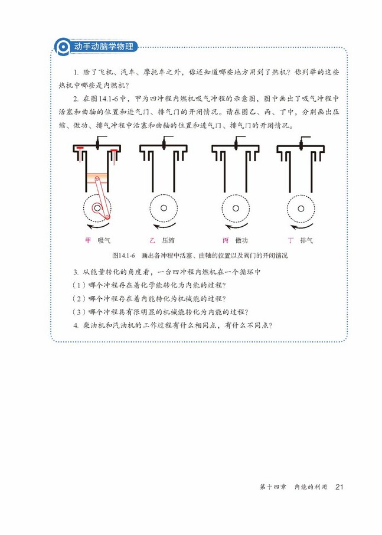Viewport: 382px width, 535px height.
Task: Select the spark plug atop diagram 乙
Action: pyautogui.click(x=164, y=142)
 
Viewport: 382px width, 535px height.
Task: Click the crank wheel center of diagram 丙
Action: pyautogui.click(x=236, y=208)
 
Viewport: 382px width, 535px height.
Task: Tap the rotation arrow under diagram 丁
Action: pyautogui.click(x=298, y=226)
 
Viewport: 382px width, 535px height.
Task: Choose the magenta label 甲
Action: pyautogui.click(x=88, y=240)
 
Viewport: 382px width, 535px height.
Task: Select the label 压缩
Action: pyautogui.click(x=168, y=240)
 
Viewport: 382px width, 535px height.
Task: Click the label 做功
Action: pyautogui.click(x=241, y=240)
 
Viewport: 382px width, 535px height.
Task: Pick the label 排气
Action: pyautogui.click(x=306, y=240)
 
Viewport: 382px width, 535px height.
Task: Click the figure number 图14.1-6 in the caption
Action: pyautogui.click(x=123, y=256)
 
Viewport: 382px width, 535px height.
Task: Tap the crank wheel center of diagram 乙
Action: pyautogui.click(x=164, y=208)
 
